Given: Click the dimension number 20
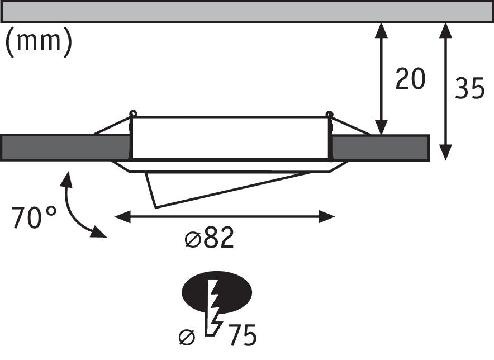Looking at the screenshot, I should [410, 79].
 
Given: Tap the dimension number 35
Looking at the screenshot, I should [469, 88].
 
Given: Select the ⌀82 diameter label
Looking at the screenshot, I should [209, 239].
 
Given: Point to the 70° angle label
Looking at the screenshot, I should [34, 217].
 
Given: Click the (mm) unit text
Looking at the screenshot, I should [39, 42].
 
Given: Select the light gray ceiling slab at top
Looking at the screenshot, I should [246, 11].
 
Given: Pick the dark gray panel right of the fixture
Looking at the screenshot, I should [380, 148].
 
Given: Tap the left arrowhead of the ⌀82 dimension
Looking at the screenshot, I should [120, 216].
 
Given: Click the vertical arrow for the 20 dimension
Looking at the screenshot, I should [381, 78].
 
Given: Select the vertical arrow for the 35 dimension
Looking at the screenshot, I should [445, 89].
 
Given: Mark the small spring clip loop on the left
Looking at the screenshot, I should [133, 114].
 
